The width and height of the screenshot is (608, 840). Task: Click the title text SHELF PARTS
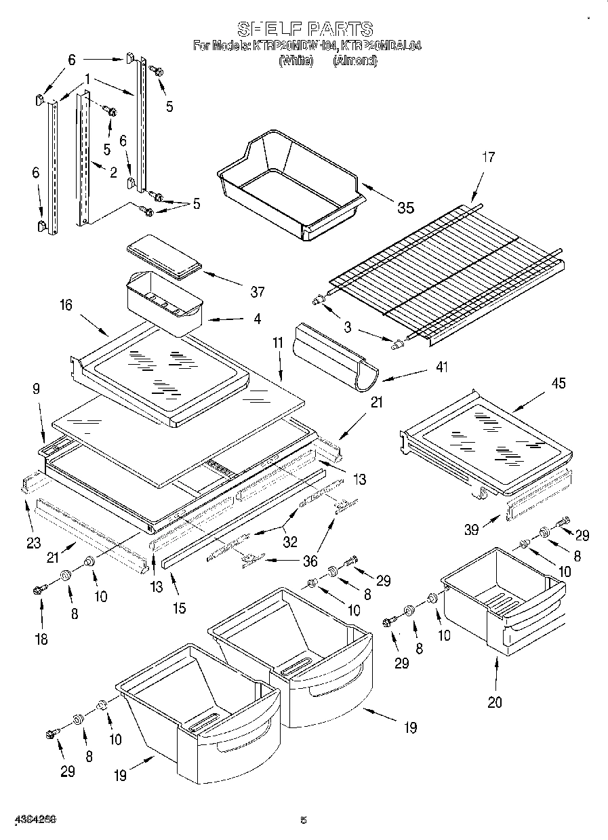304,29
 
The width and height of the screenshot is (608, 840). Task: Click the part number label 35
405,208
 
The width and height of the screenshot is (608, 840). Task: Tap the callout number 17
488,157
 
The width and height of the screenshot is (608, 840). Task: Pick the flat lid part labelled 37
165,258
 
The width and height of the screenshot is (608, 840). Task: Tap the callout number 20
495,702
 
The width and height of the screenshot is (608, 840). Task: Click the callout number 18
41,639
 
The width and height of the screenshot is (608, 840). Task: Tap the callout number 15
178,609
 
